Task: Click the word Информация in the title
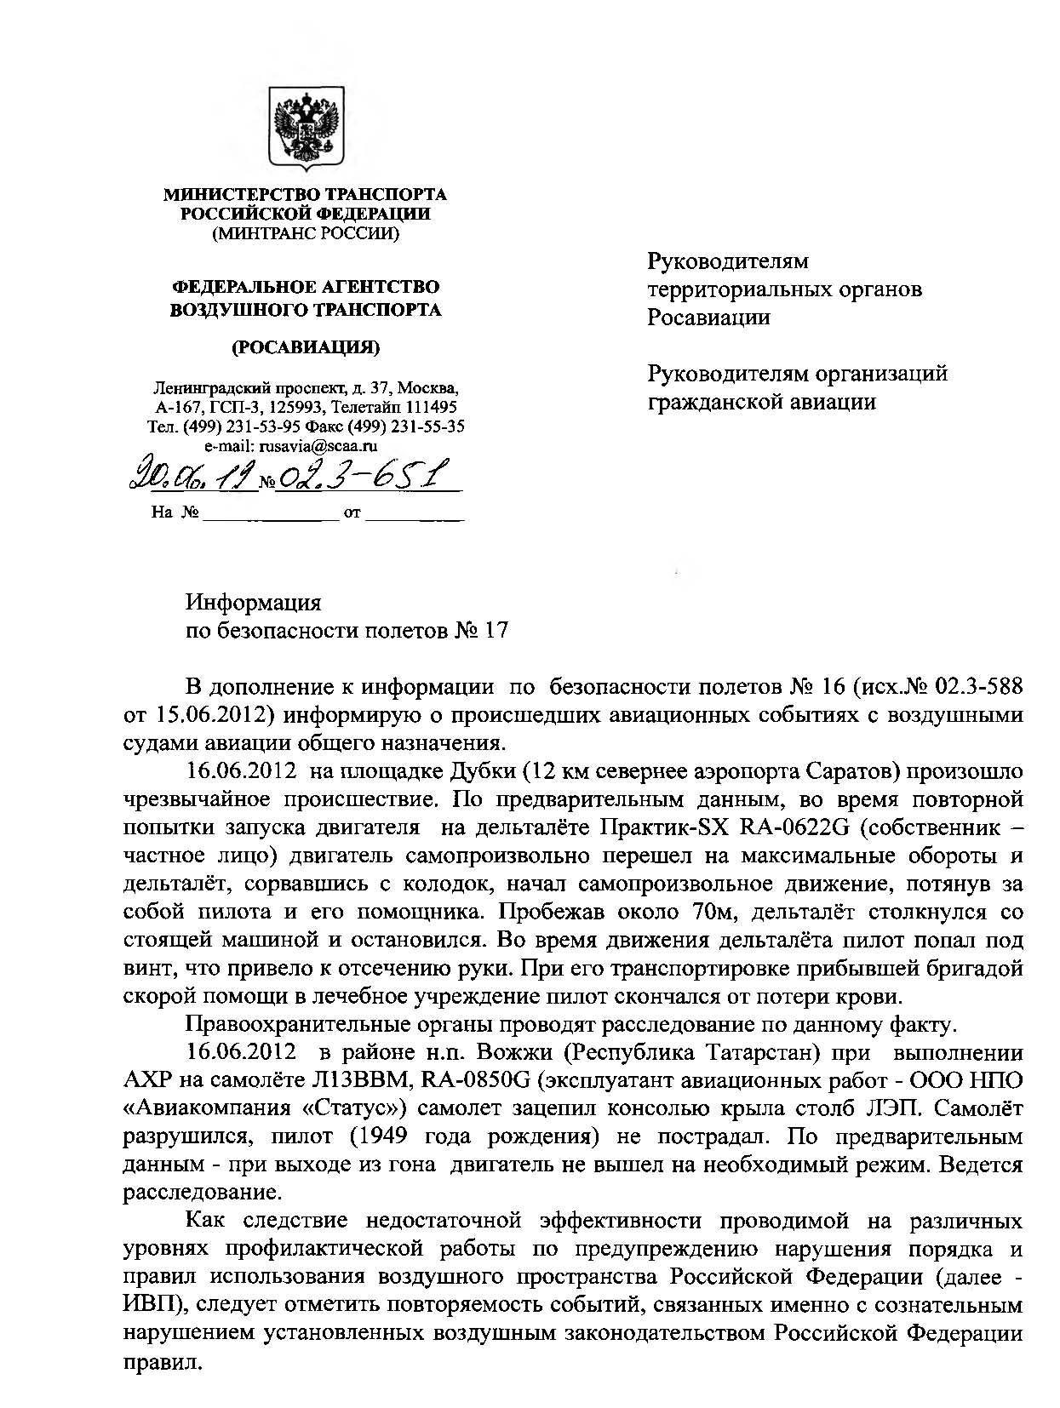tap(254, 603)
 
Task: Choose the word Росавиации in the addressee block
tap(708, 318)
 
